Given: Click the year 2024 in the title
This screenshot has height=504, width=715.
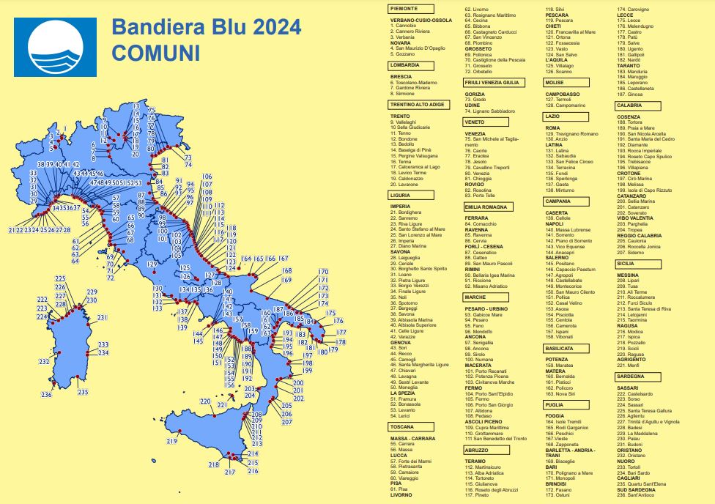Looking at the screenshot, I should (x=268, y=27).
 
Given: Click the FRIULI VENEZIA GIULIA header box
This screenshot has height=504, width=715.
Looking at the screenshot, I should (x=494, y=83).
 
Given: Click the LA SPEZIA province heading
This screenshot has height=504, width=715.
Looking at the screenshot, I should (x=405, y=393).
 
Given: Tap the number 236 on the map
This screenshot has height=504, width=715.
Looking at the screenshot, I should (x=46, y=395).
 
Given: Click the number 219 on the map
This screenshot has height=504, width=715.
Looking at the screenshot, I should (x=172, y=441).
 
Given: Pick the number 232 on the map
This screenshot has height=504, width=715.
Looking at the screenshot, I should (x=44, y=361).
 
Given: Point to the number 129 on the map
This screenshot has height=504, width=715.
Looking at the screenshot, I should (x=152, y=264).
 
